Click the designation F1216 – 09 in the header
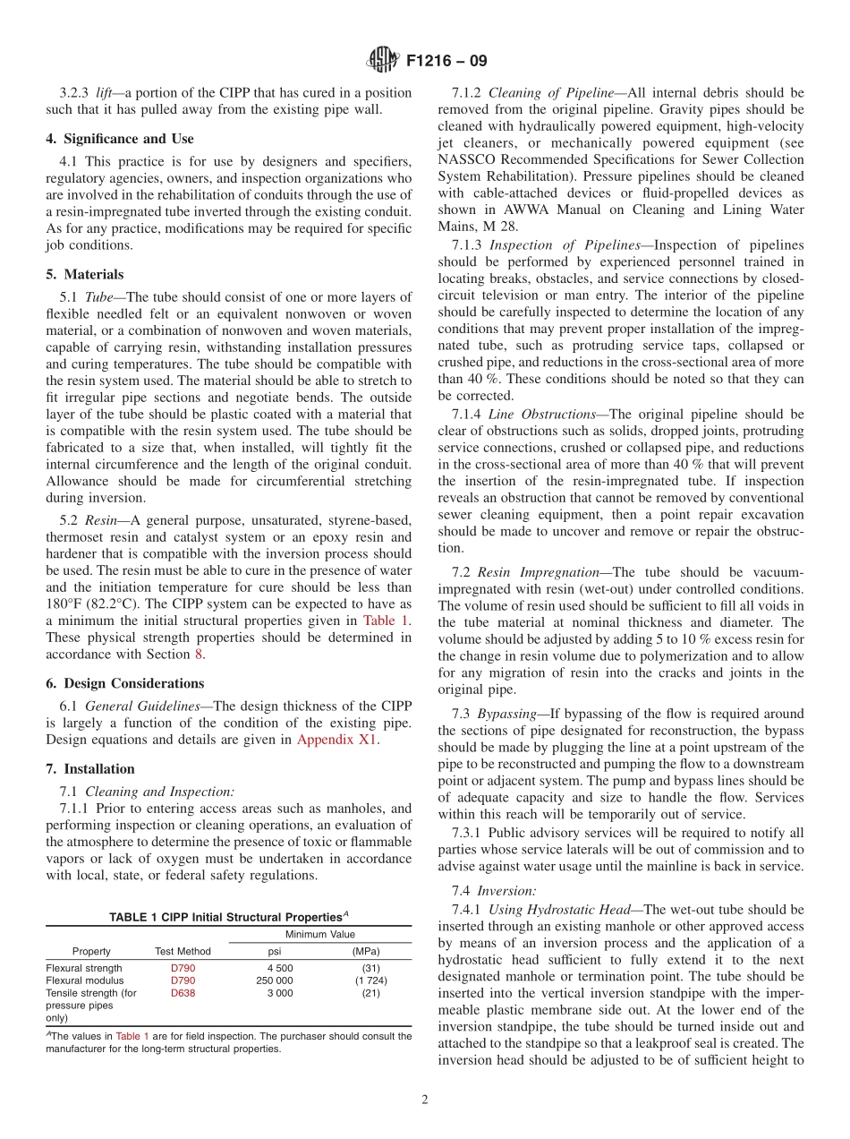pos(446,62)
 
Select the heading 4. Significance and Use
pos(120,139)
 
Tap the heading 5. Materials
pos(85,275)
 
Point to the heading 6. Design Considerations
pos(125,683)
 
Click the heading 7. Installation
pos(90,769)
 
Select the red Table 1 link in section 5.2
pos(387,621)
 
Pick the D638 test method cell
pos(183,993)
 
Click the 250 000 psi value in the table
pos(274,981)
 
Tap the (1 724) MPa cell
pos(365,981)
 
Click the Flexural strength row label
pos(84,968)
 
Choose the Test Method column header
pos(183,952)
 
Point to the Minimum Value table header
pos(320,934)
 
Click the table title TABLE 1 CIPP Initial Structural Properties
pos(228,917)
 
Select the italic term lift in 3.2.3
pos(107,93)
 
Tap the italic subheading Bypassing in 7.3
pos(506,714)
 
